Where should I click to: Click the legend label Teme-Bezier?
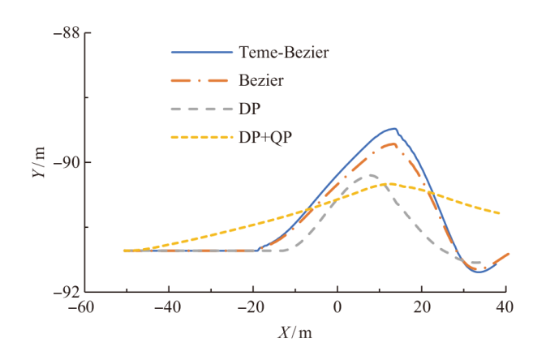[x=284, y=54]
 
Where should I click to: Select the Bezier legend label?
[x=260, y=81]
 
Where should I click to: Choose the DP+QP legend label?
[x=265, y=137]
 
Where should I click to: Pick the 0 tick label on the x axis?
[x=337, y=309]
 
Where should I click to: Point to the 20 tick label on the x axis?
[x=422, y=309]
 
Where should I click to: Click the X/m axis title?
[x=294, y=333]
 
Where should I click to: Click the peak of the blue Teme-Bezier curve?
[x=394, y=128]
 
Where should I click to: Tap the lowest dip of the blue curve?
[x=479, y=272]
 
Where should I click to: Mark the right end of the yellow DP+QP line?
[x=500, y=213]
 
